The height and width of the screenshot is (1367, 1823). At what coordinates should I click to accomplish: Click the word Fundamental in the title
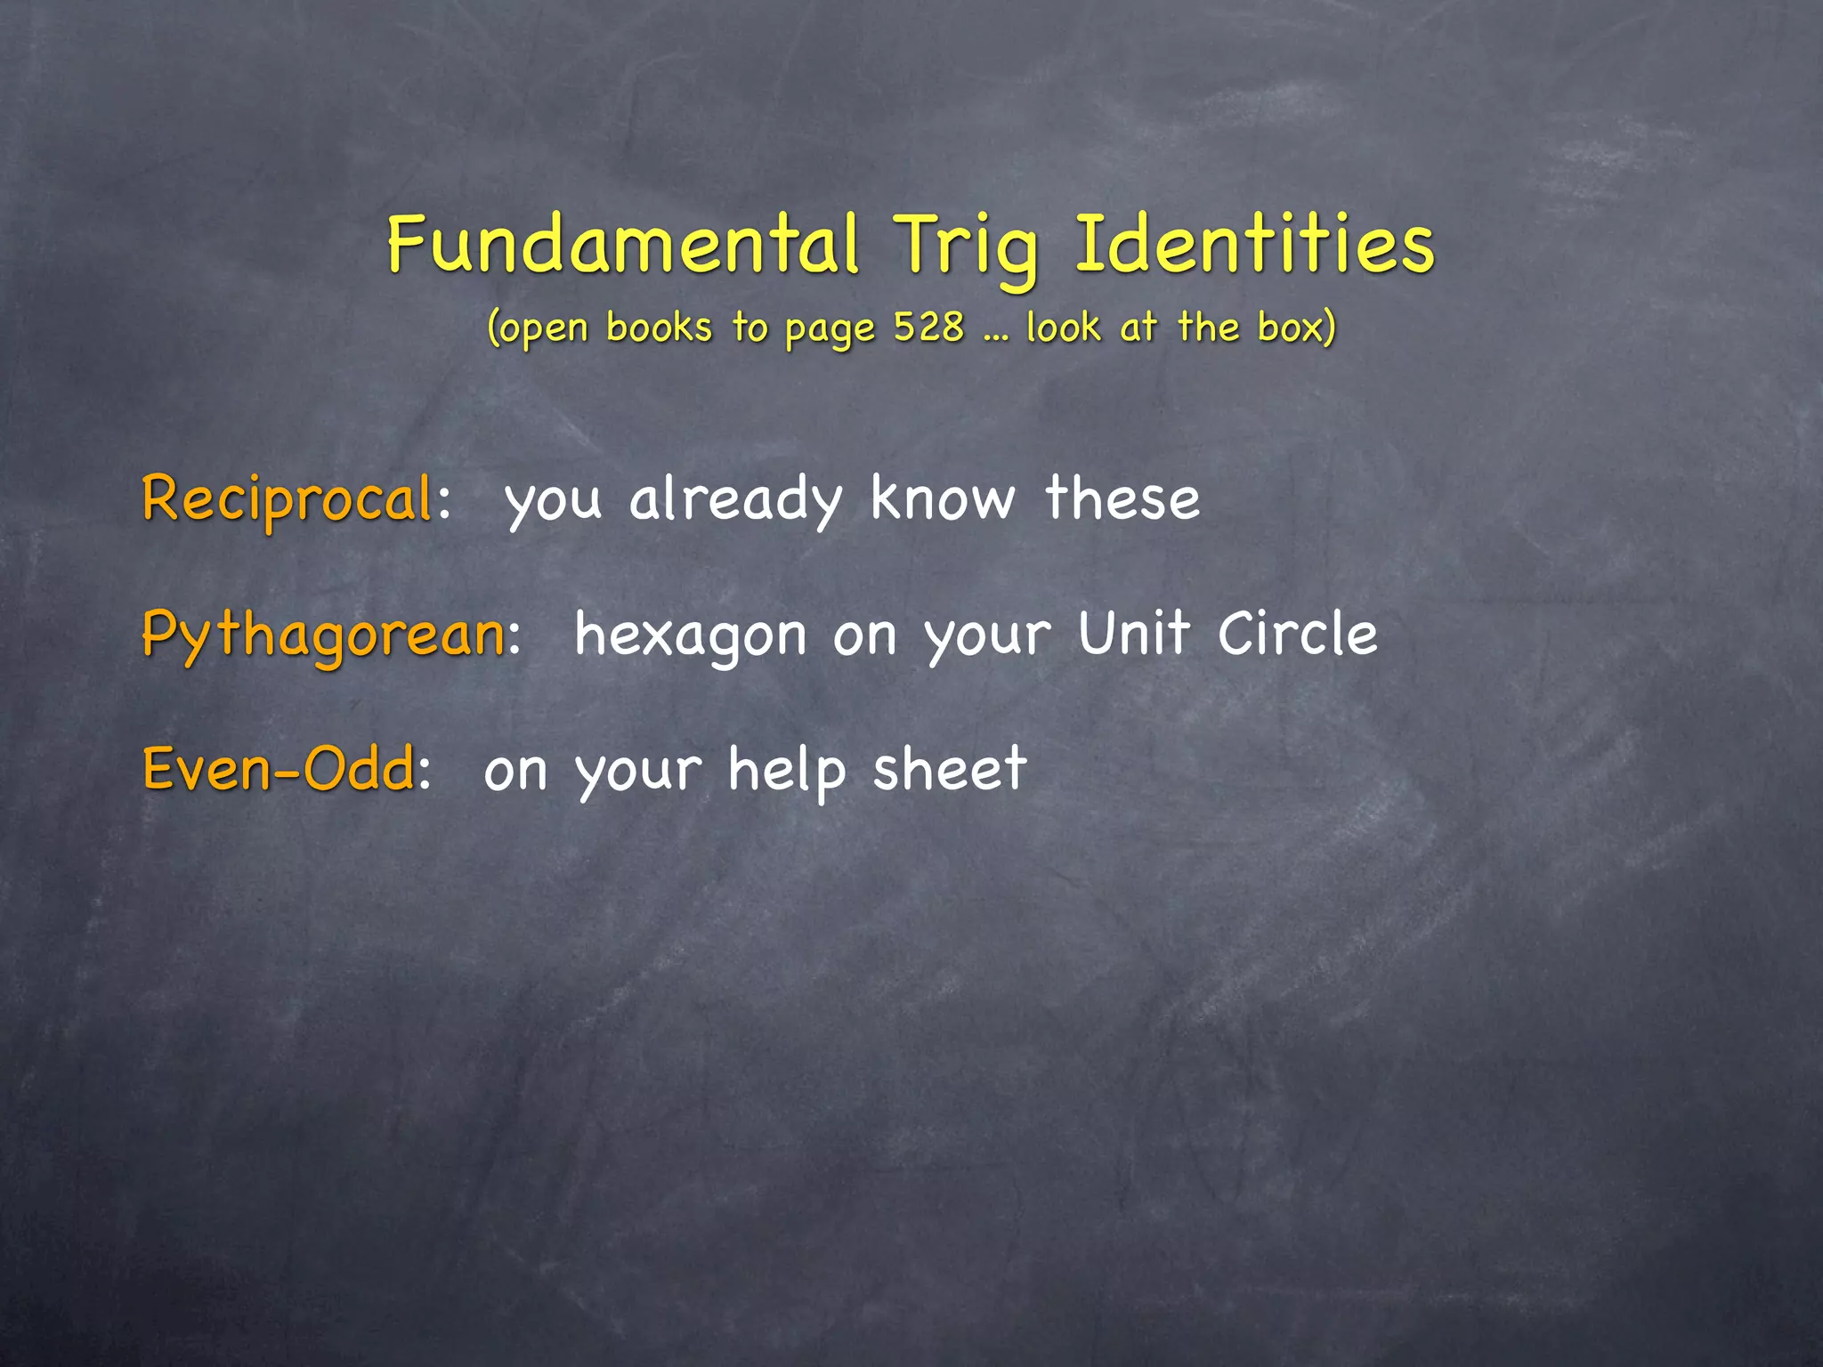click(623, 244)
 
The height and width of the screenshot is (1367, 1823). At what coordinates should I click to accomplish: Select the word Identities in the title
click(1255, 244)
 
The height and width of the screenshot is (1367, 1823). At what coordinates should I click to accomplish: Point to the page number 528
click(928, 327)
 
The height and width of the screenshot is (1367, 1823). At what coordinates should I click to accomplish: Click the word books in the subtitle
click(659, 327)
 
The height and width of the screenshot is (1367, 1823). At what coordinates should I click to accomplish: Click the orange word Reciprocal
click(287, 499)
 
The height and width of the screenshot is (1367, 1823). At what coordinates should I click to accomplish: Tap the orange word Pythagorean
click(323, 635)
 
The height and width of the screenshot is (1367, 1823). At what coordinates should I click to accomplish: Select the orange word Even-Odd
click(278, 769)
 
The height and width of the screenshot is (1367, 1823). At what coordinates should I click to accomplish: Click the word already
click(735, 499)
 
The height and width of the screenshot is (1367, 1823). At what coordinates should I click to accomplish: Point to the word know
click(943, 497)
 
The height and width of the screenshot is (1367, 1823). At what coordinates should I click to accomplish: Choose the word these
click(1122, 497)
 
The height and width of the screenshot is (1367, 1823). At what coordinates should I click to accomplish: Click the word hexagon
click(690, 635)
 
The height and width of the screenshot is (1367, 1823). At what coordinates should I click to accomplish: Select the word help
click(786, 770)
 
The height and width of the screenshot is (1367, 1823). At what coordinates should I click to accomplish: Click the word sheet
click(950, 769)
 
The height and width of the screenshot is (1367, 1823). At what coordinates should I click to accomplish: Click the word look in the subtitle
click(1063, 327)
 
